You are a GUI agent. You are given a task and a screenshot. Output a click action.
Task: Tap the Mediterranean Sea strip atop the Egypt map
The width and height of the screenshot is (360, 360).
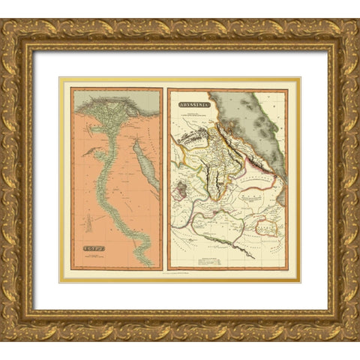tap(112, 93)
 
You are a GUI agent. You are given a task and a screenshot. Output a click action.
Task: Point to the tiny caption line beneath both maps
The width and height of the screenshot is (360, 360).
tap(180, 274)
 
